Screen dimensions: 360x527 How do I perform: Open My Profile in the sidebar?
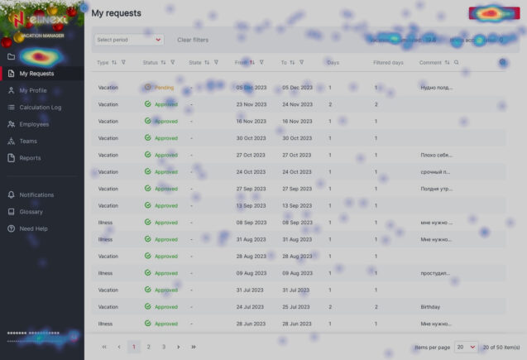click(33, 90)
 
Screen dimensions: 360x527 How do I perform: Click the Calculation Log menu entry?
click(40, 108)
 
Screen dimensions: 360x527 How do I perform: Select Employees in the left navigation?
click(34, 124)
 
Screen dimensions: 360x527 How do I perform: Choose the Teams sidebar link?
click(28, 142)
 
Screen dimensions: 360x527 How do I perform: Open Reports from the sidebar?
click(30, 158)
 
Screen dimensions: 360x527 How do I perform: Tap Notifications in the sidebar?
click(36, 195)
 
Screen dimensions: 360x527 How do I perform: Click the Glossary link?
click(31, 212)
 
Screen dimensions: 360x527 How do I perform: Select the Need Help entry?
click(33, 228)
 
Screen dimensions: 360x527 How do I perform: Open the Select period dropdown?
click(128, 40)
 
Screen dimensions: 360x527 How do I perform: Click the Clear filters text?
click(193, 40)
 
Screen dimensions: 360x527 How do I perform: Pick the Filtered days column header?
click(388, 62)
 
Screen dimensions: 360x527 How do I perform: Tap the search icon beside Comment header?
click(456, 62)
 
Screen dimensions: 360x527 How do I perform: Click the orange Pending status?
click(164, 87)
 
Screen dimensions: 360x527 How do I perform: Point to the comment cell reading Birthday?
click(430, 307)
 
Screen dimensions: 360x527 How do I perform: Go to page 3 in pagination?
click(164, 347)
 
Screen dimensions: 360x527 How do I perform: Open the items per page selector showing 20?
click(467, 347)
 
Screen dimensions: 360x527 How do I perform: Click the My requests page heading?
click(116, 13)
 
